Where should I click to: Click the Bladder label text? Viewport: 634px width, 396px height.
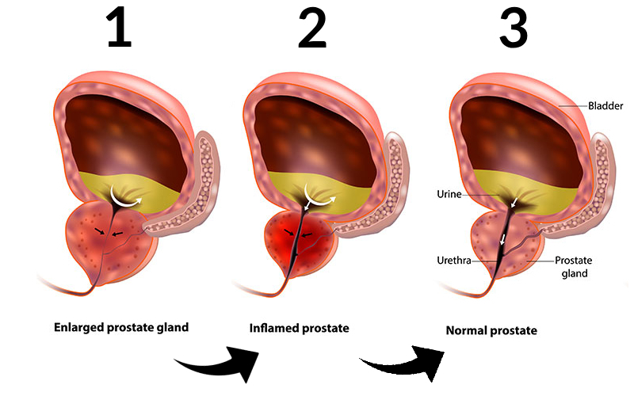[605, 105]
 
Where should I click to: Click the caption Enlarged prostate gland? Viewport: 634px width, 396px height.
[121, 327]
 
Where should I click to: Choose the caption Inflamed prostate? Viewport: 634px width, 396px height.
[299, 327]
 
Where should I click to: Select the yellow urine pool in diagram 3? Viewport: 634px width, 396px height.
[555, 190]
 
